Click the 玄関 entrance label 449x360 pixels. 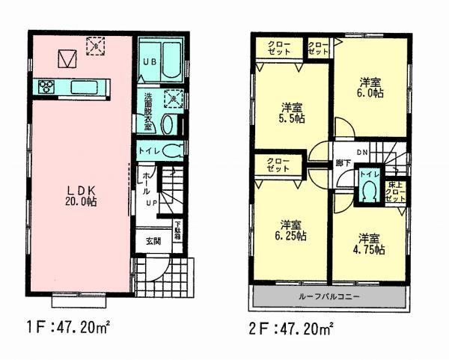[153, 241]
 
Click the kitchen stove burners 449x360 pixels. [46, 86]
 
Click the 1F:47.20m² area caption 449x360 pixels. [68, 327]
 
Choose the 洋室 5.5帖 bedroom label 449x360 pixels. [291, 113]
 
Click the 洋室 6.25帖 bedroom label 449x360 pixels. [292, 231]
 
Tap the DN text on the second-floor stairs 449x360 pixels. [361, 153]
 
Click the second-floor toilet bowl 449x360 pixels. [367, 192]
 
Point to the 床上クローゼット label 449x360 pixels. [394, 192]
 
